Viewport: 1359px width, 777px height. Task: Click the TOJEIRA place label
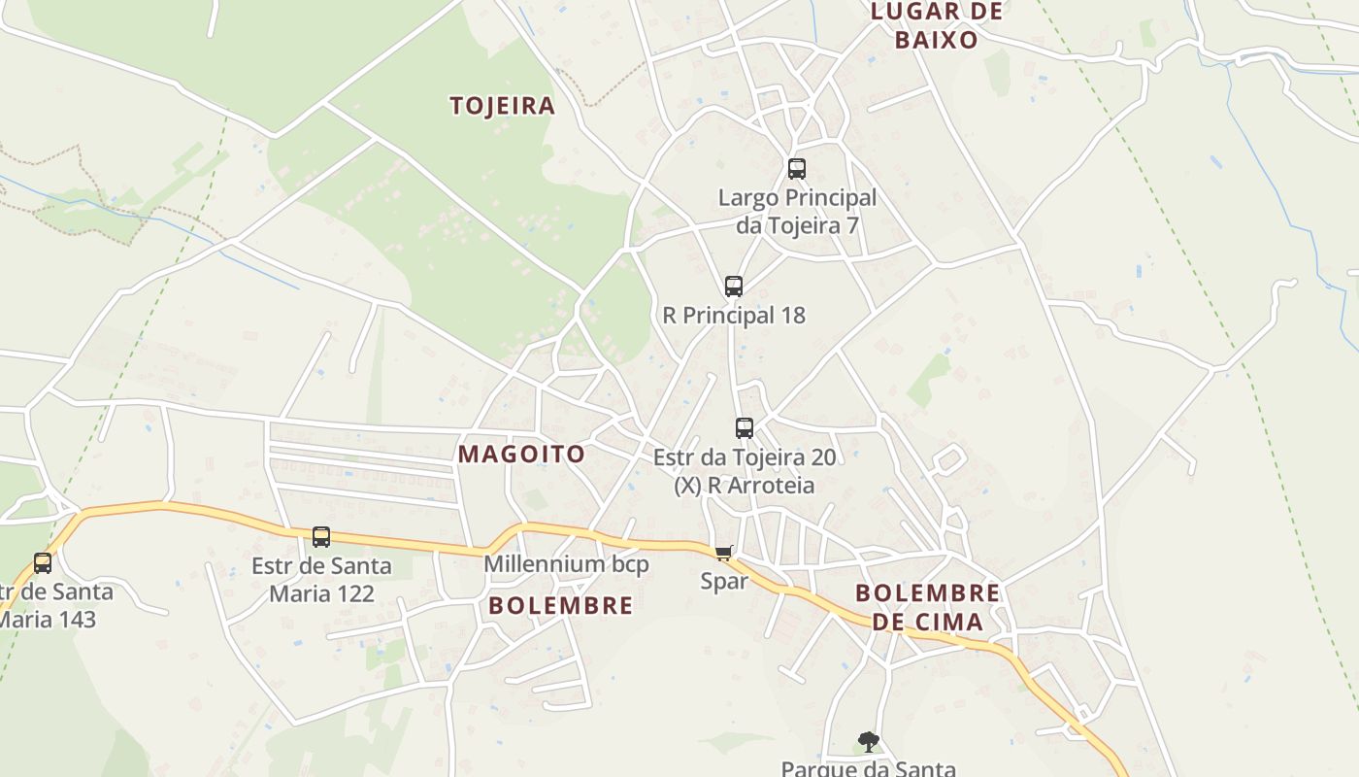coord(502,106)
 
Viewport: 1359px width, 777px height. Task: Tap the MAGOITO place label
coord(521,454)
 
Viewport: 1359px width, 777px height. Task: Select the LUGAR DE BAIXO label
coord(936,25)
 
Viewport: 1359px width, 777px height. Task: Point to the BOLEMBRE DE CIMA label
coord(927,607)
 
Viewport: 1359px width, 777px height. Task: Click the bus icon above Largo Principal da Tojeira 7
coord(797,169)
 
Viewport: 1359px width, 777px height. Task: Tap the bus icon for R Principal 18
coord(734,287)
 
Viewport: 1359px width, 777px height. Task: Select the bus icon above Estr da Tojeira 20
coord(745,428)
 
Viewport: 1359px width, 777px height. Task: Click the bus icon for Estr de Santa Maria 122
coord(321,537)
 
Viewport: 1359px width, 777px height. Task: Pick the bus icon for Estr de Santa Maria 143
coord(43,563)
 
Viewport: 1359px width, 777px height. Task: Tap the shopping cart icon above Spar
coord(723,554)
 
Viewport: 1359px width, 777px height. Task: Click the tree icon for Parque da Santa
coord(869,742)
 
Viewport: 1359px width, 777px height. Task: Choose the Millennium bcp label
coord(566,564)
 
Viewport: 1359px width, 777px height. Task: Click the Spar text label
coord(724,582)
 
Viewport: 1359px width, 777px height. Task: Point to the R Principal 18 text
coord(734,316)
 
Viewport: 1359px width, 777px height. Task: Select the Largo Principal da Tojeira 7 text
coord(797,212)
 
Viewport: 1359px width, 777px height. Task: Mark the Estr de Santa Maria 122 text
coord(321,579)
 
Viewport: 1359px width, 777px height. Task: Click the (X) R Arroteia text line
coord(745,485)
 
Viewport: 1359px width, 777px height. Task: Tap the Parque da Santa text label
coord(869,768)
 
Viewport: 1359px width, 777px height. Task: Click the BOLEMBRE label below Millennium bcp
coord(560,605)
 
